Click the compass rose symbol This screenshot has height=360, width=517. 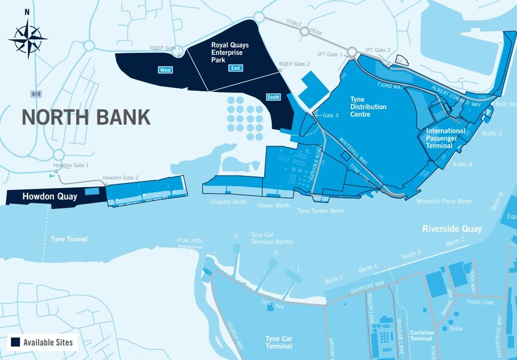click(28, 38)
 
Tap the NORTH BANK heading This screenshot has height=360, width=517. click(86, 117)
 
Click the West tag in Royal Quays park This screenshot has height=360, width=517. click(165, 70)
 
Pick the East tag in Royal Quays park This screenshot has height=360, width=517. click(235, 68)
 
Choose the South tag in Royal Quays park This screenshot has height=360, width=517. click(273, 97)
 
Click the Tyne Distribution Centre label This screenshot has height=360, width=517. click(368, 107)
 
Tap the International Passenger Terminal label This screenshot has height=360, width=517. click(445, 138)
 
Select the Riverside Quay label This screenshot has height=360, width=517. click(452, 229)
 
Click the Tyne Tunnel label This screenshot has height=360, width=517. click(69, 239)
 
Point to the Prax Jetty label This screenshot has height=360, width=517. click(190, 241)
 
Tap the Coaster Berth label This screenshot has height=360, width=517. click(228, 202)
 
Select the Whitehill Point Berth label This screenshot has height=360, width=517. click(444, 201)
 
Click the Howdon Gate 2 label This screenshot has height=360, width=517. click(121, 178)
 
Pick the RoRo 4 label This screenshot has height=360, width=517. click(463, 164)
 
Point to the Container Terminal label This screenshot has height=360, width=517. click(422, 336)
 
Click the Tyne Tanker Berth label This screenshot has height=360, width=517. click(321, 211)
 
